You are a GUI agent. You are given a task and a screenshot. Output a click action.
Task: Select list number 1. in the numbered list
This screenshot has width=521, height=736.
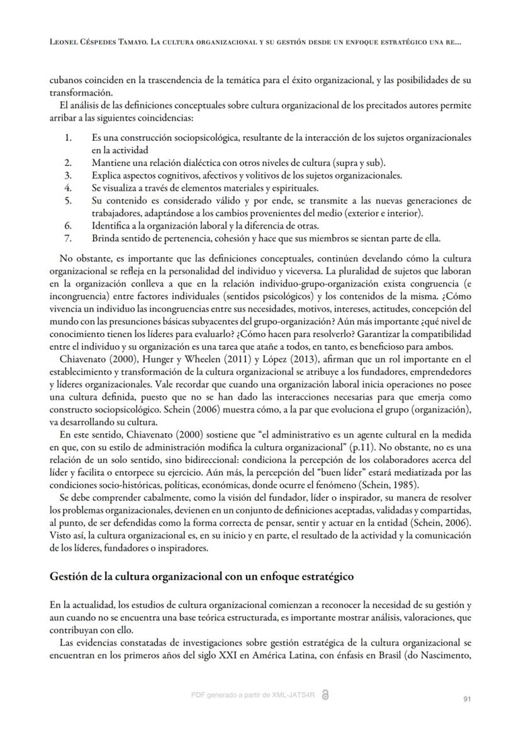pos(68,137)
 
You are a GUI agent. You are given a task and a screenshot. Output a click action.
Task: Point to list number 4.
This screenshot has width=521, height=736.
pos(68,188)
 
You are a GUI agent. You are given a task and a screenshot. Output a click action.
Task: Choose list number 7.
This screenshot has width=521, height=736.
pos(68,238)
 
